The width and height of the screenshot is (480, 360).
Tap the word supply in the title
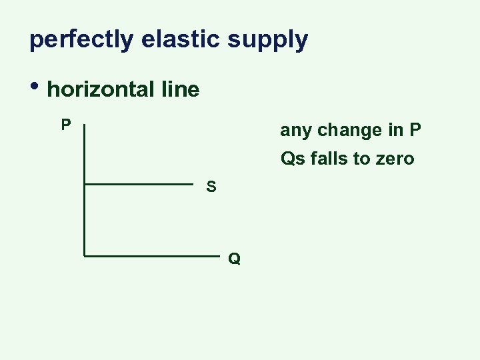(x=267, y=40)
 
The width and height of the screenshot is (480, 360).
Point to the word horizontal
(x=100, y=89)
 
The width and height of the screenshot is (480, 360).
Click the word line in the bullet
(x=179, y=89)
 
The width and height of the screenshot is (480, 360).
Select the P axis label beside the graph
(x=66, y=125)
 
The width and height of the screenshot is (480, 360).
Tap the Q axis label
(x=234, y=259)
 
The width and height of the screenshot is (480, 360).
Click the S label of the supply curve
(x=211, y=187)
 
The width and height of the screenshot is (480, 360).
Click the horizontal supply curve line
(x=139, y=183)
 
